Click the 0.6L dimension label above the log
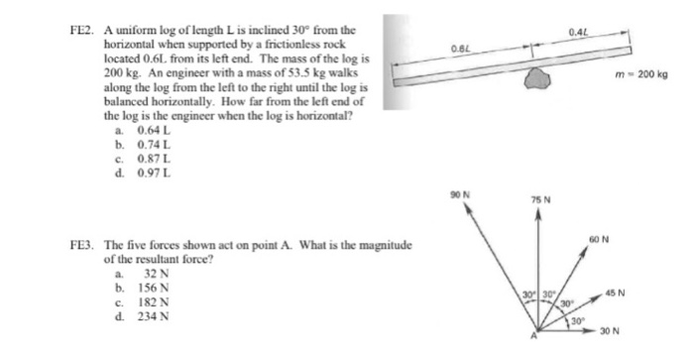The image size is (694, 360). point(460,48)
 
